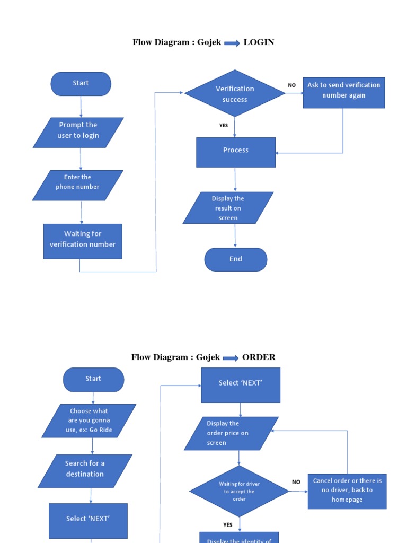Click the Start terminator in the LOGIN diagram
81,84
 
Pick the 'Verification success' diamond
235,94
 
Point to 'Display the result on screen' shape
228,208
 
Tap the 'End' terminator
236,259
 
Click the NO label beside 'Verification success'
292,85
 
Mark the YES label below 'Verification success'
224,126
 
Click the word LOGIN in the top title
259,42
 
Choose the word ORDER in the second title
259,357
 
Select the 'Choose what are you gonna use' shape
90,421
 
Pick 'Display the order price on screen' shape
231,433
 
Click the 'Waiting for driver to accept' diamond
240,491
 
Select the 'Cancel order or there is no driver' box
347,491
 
